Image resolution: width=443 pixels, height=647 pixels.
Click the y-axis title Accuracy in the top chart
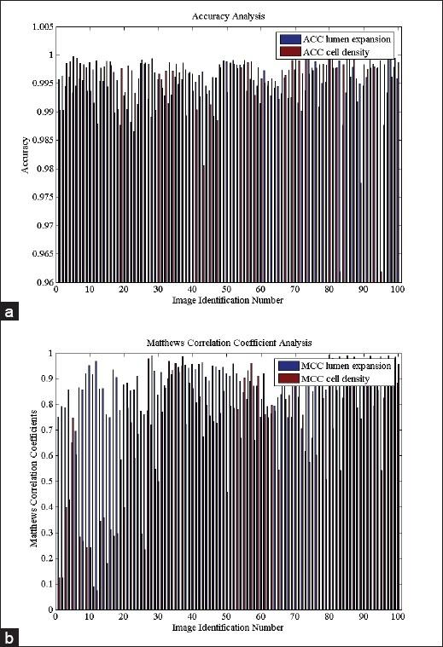pos(25,154)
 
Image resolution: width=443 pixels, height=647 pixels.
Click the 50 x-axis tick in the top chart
pos(227,291)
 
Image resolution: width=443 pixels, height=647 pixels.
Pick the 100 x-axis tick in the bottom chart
pos(397,617)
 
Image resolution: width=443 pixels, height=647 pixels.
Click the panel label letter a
pos(9,313)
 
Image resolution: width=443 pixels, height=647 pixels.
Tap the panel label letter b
pos(9,637)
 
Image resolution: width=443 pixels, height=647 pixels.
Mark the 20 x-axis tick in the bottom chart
pos(124,617)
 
